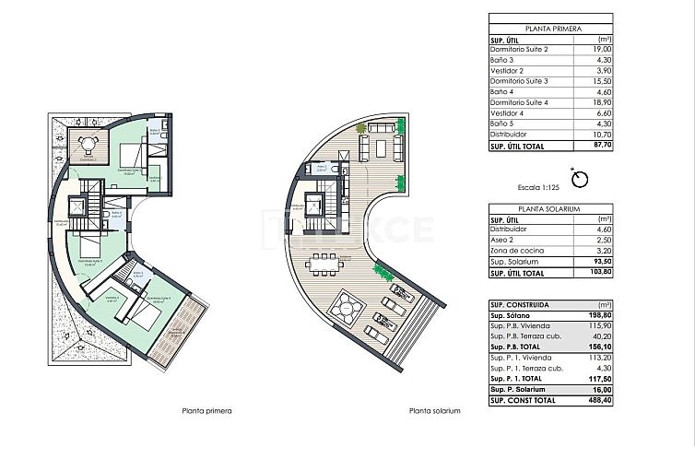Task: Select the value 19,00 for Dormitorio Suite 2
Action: pyautogui.click(x=604, y=49)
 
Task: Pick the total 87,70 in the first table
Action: pyautogui.click(x=603, y=145)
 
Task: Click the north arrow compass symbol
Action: pyautogui.click(x=581, y=177)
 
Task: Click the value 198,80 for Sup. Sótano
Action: pyautogui.click(x=602, y=315)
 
